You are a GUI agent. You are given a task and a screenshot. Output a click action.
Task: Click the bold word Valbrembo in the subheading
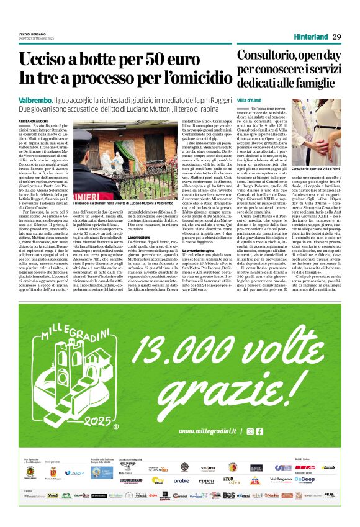(35, 99)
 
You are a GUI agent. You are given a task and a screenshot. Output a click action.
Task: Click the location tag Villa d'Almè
(251, 100)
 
